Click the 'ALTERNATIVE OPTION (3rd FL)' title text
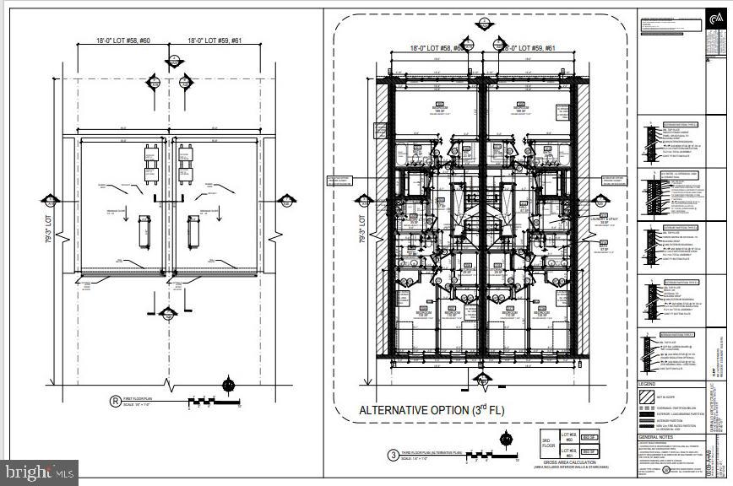[x=432, y=410]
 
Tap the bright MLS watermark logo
[x=40, y=472]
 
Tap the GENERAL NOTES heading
[x=656, y=437]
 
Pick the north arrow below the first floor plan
[x=227, y=386]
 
